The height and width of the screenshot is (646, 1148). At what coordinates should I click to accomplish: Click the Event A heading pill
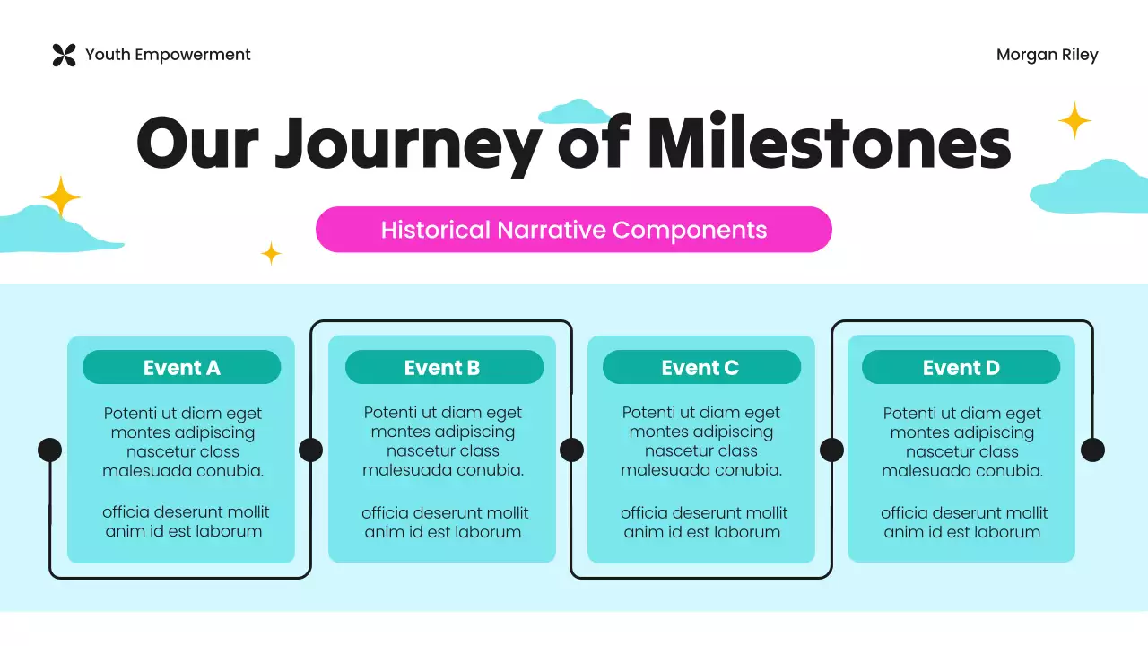pos(181,368)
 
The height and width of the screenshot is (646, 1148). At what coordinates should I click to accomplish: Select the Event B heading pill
pos(443,368)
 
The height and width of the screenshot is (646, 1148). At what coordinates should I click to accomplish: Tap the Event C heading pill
pos(700,368)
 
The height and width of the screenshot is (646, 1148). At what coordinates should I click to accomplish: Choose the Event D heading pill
pos(961,368)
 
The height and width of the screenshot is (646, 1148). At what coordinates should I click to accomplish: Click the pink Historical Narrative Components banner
pos(574,230)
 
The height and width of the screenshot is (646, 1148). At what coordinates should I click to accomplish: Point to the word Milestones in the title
pos(829,144)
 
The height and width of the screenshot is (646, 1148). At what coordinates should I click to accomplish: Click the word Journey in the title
pos(408,144)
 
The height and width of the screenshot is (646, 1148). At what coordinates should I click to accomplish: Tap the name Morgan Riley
pos(1047,55)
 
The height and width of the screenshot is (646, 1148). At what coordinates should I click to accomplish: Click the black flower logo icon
pos(64,55)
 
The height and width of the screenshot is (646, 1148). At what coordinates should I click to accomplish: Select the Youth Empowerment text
pos(168,55)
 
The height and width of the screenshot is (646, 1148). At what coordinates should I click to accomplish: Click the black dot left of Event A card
pos(50,450)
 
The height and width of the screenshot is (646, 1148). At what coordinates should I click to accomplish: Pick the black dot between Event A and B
pos(310,450)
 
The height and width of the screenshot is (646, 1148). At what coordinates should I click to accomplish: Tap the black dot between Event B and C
pos(571,450)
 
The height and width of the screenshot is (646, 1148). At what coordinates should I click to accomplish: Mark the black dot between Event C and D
pos(831,450)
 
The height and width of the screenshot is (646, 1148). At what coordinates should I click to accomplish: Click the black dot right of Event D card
pos(1092,450)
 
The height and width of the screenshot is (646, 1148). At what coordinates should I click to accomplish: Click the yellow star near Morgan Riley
pos(1074,120)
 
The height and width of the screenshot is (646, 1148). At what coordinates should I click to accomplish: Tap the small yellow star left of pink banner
pos(271,254)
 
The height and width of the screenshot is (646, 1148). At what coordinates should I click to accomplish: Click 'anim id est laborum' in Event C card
pos(702,532)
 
